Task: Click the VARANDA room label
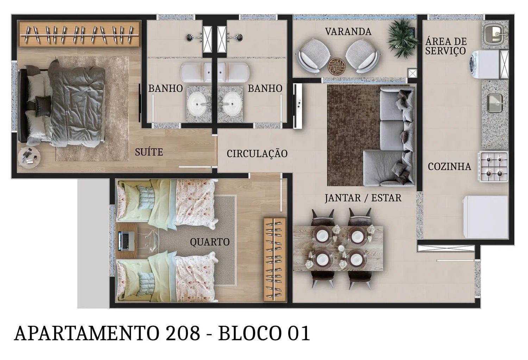pyautogui.click(x=348, y=32)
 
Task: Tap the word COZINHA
pyautogui.click(x=449, y=166)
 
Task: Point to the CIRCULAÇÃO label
pyautogui.click(x=257, y=153)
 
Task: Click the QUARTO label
pyautogui.click(x=209, y=242)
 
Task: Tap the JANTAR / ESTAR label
pyautogui.click(x=363, y=198)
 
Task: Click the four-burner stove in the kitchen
pyautogui.click(x=493, y=167)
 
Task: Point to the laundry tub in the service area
pyautogui.click(x=495, y=34)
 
